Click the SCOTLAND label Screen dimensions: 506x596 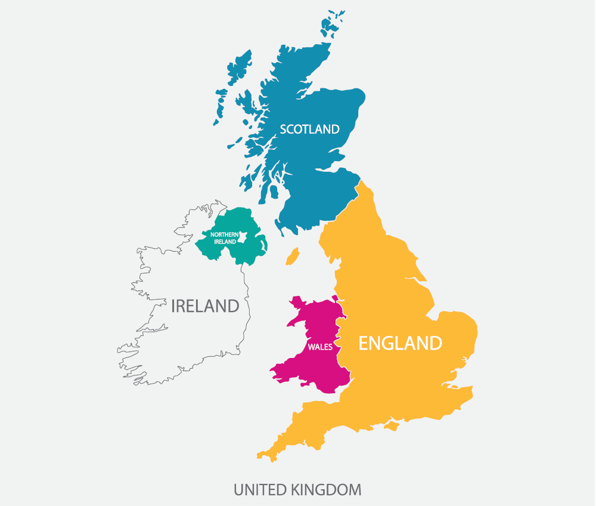(x=309, y=129)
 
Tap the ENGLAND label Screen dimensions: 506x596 (x=400, y=343)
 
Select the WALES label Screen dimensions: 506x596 (x=320, y=347)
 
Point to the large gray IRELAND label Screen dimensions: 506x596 (x=205, y=306)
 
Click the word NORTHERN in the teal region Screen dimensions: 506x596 (x=225, y=235)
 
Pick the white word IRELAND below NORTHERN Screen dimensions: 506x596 (x=225, y=242)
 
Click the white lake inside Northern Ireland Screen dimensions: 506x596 (x=243, y=238)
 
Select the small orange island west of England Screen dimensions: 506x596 (x=292, y=257)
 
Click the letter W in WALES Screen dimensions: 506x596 (x=311, y=347)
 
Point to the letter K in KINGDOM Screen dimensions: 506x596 (x=296, y=490)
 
